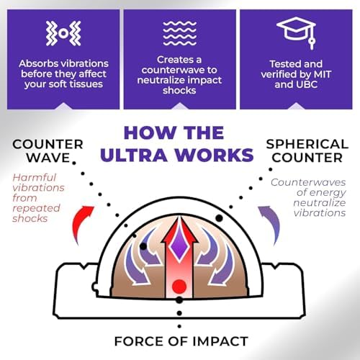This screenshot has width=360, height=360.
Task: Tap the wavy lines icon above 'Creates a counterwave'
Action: tap(179, 33)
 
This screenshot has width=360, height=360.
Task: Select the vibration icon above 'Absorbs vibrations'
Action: tap(63, 33)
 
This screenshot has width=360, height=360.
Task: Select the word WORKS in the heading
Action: tap(214, 155)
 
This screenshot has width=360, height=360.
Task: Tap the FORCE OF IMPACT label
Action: tap(181, 341)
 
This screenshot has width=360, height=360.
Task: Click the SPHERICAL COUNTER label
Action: tap(307, 150)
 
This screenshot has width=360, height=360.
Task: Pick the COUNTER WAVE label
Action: tap(48, 150)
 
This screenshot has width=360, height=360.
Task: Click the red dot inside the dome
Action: tap(179, 286)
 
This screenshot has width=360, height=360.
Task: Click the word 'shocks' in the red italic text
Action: tap(30, 219)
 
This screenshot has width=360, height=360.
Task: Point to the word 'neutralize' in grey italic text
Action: tap(320, 203)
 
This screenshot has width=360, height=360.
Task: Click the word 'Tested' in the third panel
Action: tap(282, 64)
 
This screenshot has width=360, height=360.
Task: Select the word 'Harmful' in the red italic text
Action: tap(35, 178)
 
